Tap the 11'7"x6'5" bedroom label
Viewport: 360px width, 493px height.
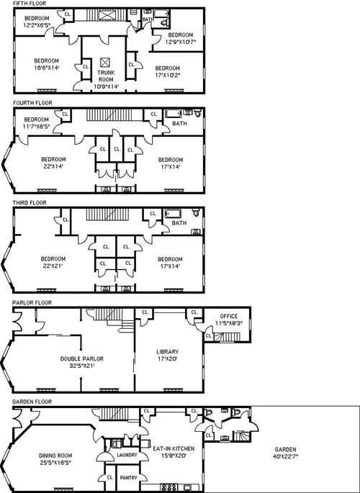[36, 123]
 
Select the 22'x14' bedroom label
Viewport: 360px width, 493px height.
[53, 163]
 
